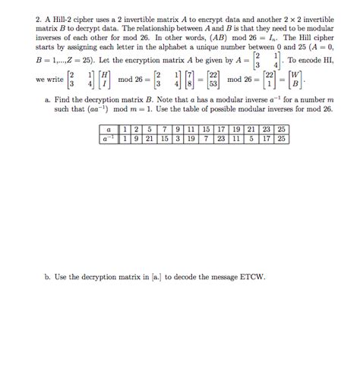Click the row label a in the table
[x=112, y=131]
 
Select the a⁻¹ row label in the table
[x=112, y=139]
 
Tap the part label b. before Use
[x=48, y=278]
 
